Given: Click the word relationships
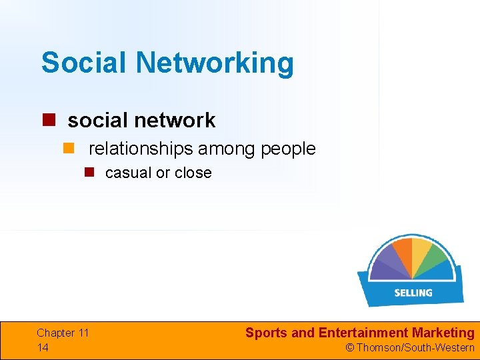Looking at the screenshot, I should coord(141,149).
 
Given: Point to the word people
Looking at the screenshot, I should coord(288,149).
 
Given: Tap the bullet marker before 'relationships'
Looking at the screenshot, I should coord(69,148).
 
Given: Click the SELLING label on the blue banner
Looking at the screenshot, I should coord(413,293).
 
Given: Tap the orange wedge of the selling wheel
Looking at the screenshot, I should coord(401,253).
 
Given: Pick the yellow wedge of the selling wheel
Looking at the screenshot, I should coord(420,250).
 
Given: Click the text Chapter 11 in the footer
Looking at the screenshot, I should coord(63,333).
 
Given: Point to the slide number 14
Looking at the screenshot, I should coord(43,347).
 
